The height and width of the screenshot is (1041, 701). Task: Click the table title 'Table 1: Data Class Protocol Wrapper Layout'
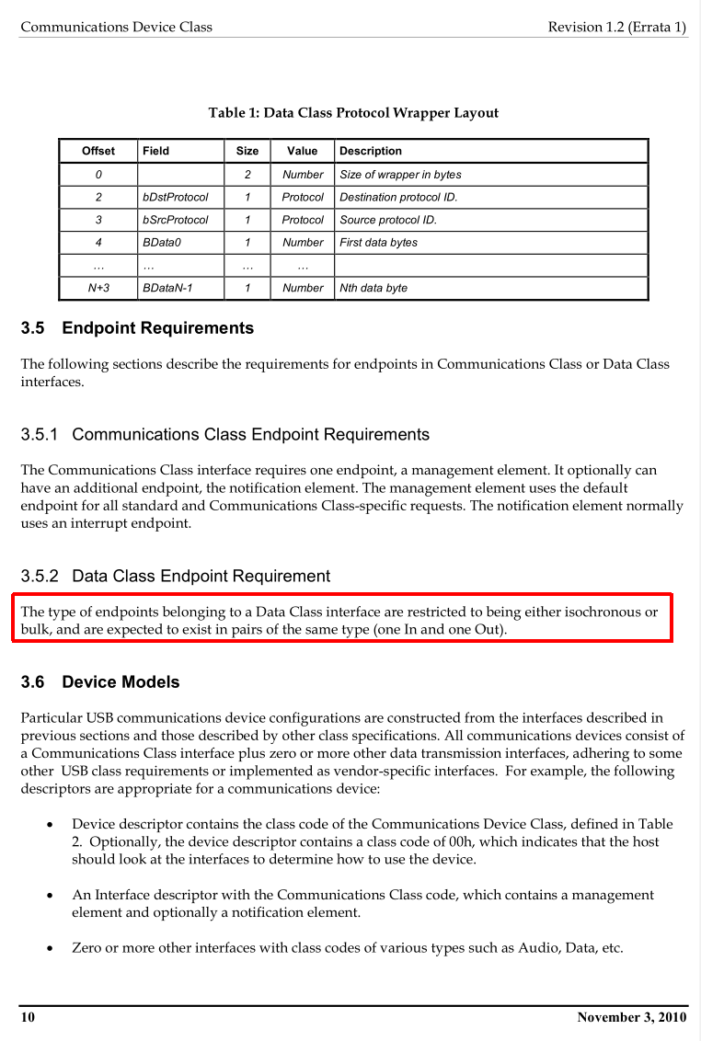[353, 113]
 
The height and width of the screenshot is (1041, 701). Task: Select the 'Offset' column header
[98, 151]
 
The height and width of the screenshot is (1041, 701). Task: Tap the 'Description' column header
[371, 151]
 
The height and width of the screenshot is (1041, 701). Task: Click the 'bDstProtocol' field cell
[175, 197]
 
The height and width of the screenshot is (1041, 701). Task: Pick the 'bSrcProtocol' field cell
[175, 220]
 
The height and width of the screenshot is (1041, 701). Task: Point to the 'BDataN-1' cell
[167, 288]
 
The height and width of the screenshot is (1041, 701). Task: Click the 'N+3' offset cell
[98, 288]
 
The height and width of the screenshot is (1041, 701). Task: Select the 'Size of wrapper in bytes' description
[400, 175]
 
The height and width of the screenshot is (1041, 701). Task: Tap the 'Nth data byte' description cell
[373, 288]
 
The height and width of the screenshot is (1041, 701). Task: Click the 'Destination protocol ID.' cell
[398, 197]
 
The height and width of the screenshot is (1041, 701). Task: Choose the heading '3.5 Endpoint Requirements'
[137, 328]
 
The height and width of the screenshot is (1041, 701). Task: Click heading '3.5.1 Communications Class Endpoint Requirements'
[224, 434]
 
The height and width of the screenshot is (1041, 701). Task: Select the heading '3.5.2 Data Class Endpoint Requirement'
[175, 577]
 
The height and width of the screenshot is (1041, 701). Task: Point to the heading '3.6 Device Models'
[100, 682]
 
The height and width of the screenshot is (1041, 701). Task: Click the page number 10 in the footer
[28, 1017]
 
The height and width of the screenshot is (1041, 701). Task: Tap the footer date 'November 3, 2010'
[631, 1017]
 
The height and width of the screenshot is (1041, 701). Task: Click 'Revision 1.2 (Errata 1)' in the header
[616, 27]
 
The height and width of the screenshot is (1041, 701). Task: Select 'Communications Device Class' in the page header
[116, 27]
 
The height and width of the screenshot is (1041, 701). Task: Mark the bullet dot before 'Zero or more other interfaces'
[49, 948]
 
